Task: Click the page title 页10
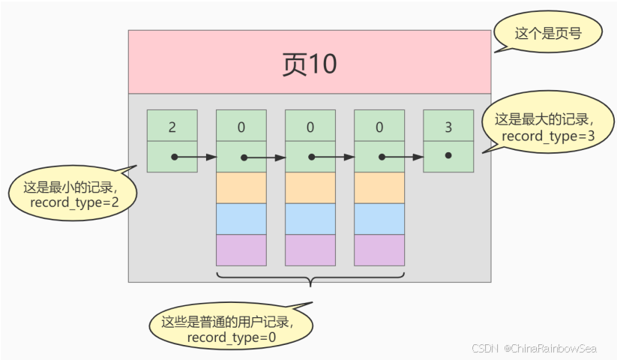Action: click(x=309, y=64)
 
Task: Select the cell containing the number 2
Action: click(x=172, y=126)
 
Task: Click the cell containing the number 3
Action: click(x=448, y=126)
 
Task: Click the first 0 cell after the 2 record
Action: click(x=241, y=126)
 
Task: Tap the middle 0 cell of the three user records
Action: click(x=310, y=126)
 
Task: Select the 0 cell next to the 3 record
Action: click(x=379, y=126)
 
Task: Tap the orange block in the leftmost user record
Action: click(x=241, y=188)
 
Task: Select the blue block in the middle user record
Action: click(x=310, y=219)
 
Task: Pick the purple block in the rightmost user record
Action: click(x=379, y=250)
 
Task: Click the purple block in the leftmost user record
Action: click(x=241, y=250)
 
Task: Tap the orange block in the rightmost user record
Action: click(x=379, y=188)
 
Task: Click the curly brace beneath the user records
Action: click(x=310, y=281)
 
